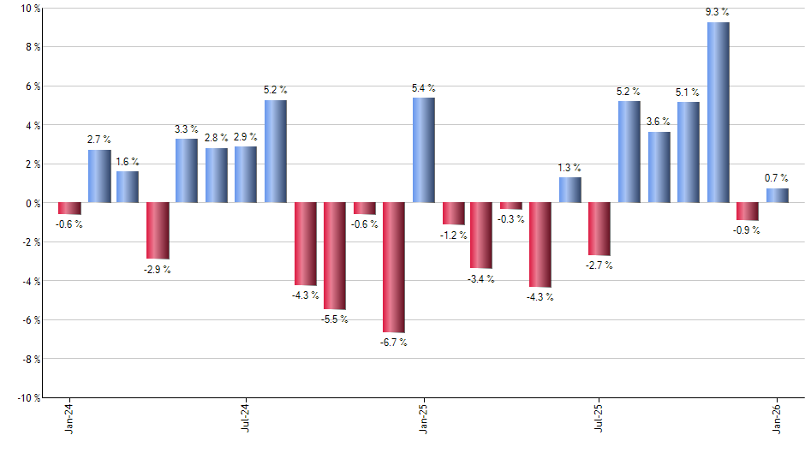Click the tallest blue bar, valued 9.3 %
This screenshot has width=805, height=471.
coord(719,112)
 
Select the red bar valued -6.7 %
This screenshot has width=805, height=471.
coord(394,267)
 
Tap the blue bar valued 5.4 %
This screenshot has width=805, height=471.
coord(423,150)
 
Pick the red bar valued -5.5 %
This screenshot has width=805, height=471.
coord(334,256)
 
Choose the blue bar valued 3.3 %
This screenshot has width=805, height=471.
coord(187,170)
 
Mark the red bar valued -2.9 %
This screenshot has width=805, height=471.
coord(158,230)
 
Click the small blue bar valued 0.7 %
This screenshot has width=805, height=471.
coord(777,195)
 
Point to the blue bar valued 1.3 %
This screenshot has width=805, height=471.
coord(570,190)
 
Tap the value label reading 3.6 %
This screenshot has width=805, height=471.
coord(659,122)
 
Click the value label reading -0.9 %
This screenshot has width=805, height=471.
coord(747,230)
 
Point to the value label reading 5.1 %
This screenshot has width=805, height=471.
coord(688,92)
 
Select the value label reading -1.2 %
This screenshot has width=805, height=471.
coord(453,235)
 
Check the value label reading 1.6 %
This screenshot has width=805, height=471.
coord(128,161)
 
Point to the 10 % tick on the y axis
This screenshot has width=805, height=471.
coord(30,9)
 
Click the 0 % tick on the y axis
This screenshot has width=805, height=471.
coord(33,203)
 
